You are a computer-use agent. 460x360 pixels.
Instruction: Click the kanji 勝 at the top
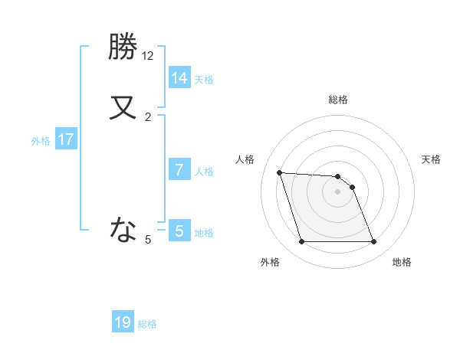(123, 47)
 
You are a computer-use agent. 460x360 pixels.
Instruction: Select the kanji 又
(123, 107)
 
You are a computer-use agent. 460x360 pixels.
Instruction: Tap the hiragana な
(123, 227)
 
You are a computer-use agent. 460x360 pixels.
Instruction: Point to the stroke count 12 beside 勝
(147, 56)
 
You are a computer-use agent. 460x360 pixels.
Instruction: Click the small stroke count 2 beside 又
(148, 117)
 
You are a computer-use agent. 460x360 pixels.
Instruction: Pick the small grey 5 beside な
(148, 240)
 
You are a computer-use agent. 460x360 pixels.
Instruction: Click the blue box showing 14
(179, 77)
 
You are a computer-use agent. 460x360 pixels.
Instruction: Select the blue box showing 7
(179, 169)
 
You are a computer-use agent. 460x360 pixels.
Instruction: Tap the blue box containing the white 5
(179, 231)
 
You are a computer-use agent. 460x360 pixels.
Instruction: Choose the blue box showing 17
(66, 139)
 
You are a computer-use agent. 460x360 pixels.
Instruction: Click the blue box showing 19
(123, 322)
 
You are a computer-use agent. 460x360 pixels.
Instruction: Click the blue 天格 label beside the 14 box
(204, 79)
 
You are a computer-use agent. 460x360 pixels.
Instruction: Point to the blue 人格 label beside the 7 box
(204, 171)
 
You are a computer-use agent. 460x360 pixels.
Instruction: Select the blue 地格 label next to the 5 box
(204, 232)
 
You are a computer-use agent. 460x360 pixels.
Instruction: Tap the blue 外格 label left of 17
(41, 141)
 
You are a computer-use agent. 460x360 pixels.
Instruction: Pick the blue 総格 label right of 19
(147, 324)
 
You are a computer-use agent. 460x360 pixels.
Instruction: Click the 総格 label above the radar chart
(338, 100)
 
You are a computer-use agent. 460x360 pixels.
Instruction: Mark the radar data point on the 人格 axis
(279, 172)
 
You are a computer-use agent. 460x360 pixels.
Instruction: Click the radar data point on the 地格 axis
(373, 242)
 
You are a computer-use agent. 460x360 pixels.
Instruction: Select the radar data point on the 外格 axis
(301, 242)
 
